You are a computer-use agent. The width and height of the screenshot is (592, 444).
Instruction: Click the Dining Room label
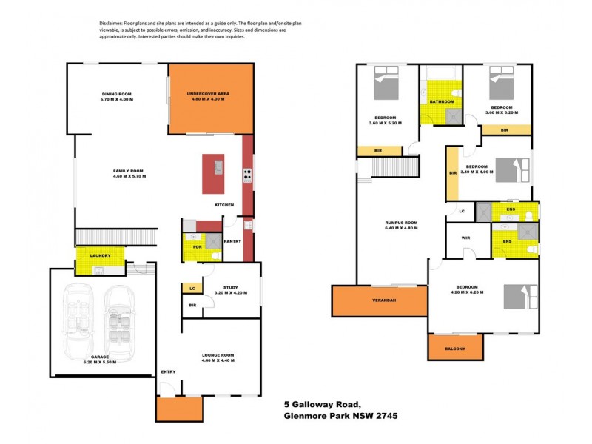pos(116,94)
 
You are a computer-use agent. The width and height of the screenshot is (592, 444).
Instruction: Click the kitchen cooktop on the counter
pos(247,176)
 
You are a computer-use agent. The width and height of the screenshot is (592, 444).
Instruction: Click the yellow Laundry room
pos(100,260)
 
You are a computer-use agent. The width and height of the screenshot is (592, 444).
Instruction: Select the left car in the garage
pos(79,320)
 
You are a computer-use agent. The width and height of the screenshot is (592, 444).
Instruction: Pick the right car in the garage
pos(118,320)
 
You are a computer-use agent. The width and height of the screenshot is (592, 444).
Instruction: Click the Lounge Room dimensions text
pos(218,360)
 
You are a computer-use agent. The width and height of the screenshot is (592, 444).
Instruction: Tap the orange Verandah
pos(380,301)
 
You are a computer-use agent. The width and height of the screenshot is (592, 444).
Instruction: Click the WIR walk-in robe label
pos(465,238)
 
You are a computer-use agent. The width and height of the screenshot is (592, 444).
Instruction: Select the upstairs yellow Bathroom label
pos(442,101)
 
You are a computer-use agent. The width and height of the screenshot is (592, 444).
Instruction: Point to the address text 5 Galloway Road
pos(323,404)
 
